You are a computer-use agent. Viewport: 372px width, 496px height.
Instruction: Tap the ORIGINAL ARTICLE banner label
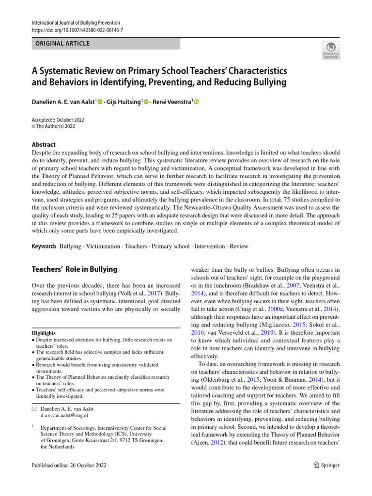point(61,44)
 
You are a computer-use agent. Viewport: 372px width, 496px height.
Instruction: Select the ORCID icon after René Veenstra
point(197,102)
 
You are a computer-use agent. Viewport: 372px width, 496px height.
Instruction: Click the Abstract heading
point(44,144)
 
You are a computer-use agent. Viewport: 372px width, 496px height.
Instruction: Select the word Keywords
point(44,246)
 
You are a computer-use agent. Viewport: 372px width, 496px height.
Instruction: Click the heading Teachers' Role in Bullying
point(74,269)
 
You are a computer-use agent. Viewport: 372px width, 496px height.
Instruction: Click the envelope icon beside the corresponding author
point(34,409)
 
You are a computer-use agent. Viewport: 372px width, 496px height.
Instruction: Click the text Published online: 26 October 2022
point(69,465)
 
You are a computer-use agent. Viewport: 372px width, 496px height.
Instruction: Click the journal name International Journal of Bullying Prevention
point(76,23)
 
